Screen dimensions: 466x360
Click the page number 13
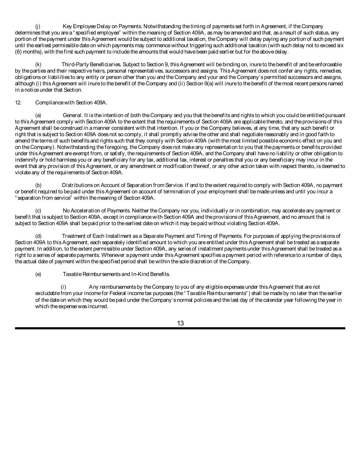coord(180,323)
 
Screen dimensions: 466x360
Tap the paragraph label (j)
coord(38,26)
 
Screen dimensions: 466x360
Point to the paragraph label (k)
coord(38,65)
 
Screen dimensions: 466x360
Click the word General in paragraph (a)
coord(72,115)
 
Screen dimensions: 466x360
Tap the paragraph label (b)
coord(38,185)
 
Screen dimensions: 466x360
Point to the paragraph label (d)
coord(38,236)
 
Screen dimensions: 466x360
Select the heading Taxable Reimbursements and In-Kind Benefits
coord(116,274)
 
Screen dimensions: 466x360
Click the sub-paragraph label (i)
coord(63,287)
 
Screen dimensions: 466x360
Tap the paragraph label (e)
coord(38,274)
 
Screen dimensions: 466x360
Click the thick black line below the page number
coord(180,328)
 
